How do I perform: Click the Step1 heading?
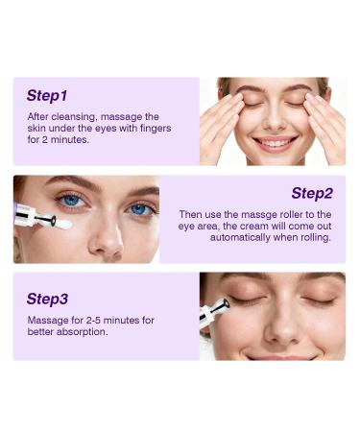click(x=47, y=96)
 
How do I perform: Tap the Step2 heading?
click(x=312, y=193)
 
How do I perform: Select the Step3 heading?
click(x=47, y=299)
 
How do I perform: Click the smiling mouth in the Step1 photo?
click(x=275, y=143)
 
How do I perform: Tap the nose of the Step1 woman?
click(x=275, y=121)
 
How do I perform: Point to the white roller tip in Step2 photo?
click(x=61, y=224)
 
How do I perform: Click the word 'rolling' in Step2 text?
click(x=313, y=236)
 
